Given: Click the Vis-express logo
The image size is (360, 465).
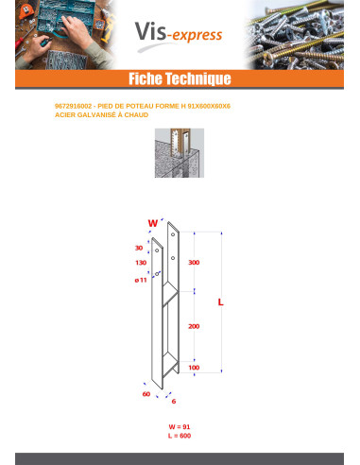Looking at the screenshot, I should pos(190,35).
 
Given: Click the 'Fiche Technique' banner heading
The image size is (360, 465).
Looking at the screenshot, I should pos(179,78).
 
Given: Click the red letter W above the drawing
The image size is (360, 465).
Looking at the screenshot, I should pos(152,223).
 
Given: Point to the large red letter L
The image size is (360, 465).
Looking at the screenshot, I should pos(220,302).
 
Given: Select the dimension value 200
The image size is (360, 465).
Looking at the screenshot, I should pos(194,325).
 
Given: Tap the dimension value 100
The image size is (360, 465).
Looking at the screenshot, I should pos(194,367).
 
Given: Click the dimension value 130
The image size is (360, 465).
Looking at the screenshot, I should pos(140,263).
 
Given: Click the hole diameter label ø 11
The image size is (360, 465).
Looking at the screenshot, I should pos(140,281).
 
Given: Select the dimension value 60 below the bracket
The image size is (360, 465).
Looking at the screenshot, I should pos(146,393).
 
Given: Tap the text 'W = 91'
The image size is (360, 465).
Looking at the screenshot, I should pos(179,427).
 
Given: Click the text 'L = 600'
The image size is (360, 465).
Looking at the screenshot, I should pos(179,436).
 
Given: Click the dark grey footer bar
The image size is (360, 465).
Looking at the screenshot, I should pos(179,458).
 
